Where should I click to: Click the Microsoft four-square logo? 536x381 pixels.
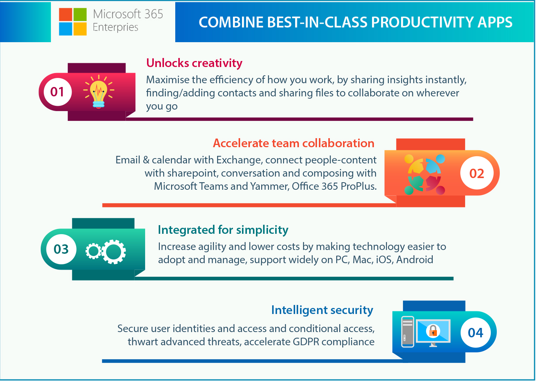coord(73,22)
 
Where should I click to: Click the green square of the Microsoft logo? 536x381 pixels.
coord(80,15)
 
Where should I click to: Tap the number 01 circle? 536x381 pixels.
coord(57,92)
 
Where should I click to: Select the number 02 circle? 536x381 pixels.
coord(477,173)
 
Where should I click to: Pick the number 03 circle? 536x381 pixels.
coord(61,249)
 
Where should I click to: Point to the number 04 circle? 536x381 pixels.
coord(475,332)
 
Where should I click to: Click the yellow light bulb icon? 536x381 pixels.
coord(99,92)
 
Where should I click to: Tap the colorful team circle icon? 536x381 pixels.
coord(424,174)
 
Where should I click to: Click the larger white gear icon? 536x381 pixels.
coord(113,252)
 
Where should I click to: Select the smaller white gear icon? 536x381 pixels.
coord(93,251)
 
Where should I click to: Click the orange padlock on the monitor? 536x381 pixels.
coord(433,331)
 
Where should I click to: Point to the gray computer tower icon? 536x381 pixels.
coord(407,332)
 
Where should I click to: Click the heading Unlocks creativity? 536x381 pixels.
coord(194,63)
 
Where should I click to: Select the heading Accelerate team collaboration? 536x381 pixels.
coord(294,143)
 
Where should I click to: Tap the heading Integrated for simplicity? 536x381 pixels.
coord(223,230)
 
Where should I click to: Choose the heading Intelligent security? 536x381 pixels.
coord(322,311)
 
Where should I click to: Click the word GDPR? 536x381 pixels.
coord(306,342)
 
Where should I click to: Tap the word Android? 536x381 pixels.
coord(415,260)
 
